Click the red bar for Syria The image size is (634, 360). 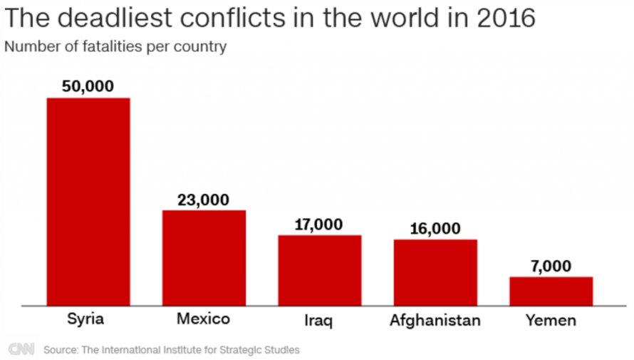(x=88, y=201)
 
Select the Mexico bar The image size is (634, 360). (x=204, y=257)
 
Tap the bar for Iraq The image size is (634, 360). (x=319, y=269)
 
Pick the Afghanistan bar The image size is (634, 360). (x=435, y=272)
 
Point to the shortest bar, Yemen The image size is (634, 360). (x=551, y=291)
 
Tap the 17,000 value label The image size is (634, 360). (x=319, y=225)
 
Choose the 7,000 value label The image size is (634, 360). (x=551, y=266)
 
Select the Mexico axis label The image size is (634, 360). (x=204, y=319)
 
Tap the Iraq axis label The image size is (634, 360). (x=319, y=320)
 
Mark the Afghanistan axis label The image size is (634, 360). (x=435, y=320)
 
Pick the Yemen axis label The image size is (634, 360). (x=551, y=320)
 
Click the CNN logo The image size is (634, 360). (x=22, y=349)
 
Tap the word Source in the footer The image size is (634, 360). (x=61, y=350)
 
